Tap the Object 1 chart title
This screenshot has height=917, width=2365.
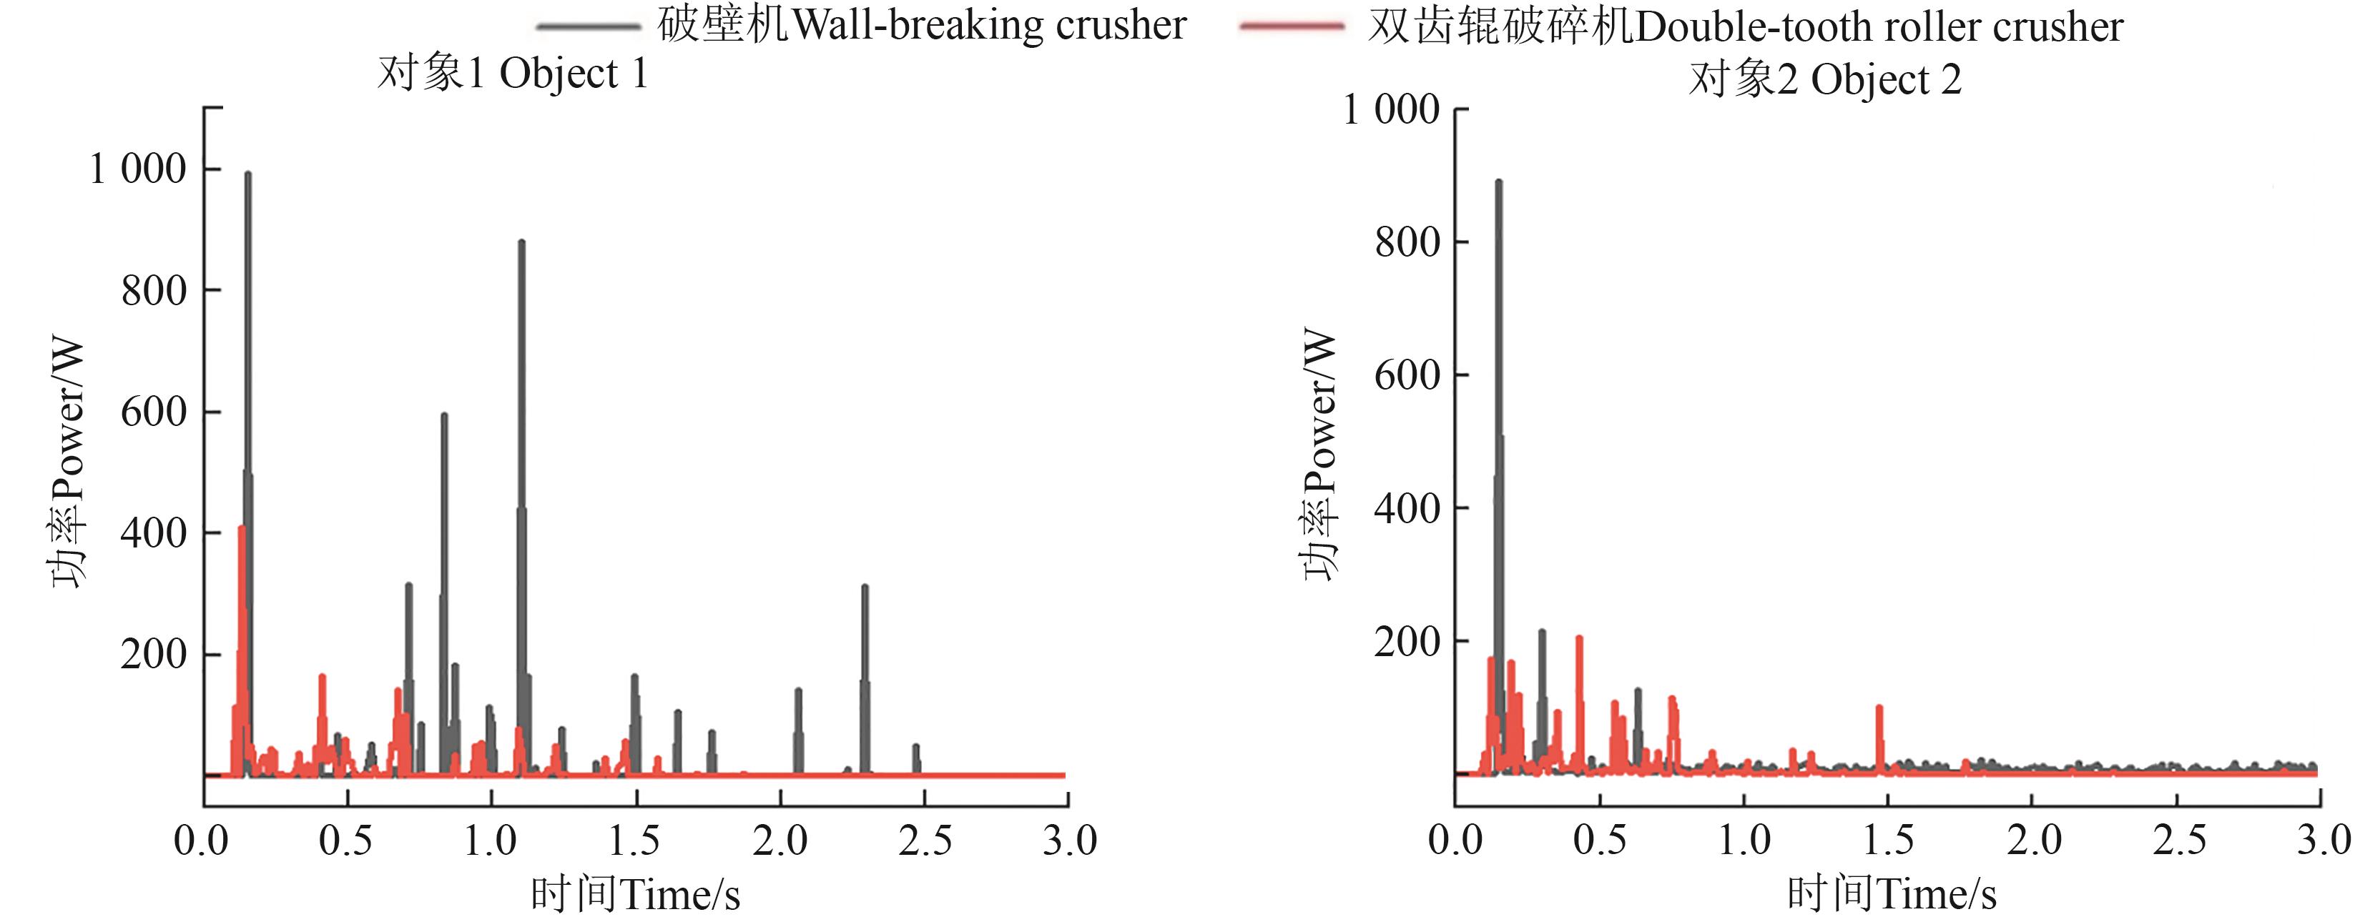click(x=512, y=74)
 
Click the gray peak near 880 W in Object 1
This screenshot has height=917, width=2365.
click(x=521, y=243)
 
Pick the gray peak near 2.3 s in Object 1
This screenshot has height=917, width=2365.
click(x=865, y=588)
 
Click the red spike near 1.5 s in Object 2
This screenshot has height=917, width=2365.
click(x=1879, y=708)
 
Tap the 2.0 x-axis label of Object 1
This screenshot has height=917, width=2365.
click(x=780, y=840)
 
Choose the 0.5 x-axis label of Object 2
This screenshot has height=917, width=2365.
click(x=1599, y=840)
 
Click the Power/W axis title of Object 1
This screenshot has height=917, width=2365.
click(x=68, y=464)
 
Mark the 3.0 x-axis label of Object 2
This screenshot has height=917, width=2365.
click(x=2323, y=840)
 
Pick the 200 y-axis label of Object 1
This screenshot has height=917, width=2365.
click(x=153, y=655)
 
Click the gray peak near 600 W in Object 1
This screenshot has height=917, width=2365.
click(x=444, y=416)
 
